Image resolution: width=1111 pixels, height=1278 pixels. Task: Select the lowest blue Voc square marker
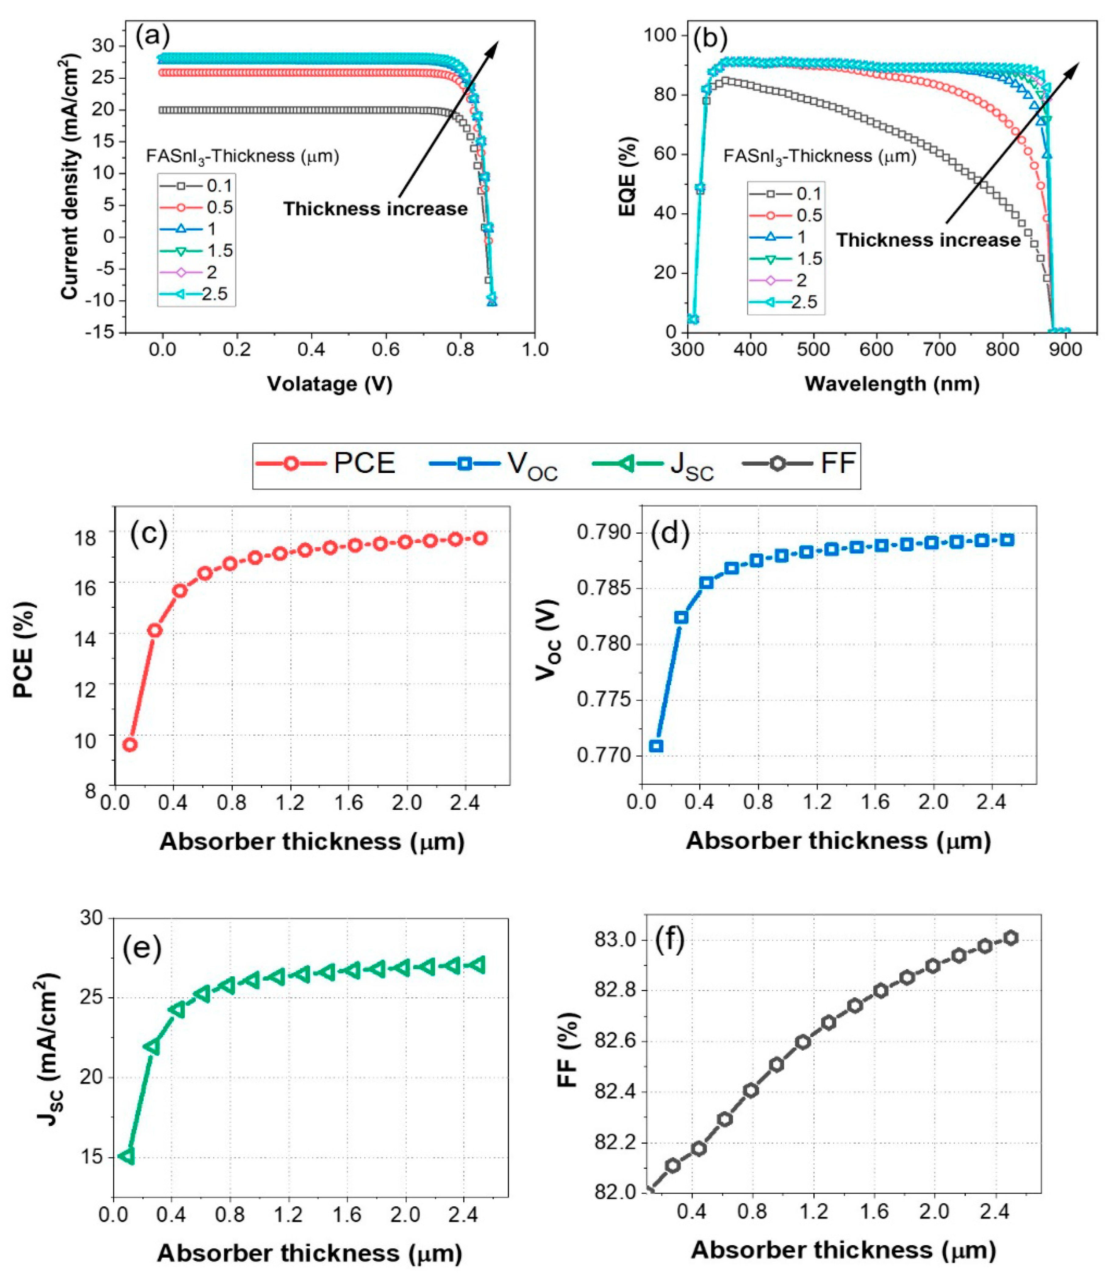point(656,746)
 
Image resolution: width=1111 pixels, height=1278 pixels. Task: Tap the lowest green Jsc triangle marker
point(127,1156)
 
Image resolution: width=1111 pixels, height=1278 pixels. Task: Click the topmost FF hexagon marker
point(1011,938)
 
